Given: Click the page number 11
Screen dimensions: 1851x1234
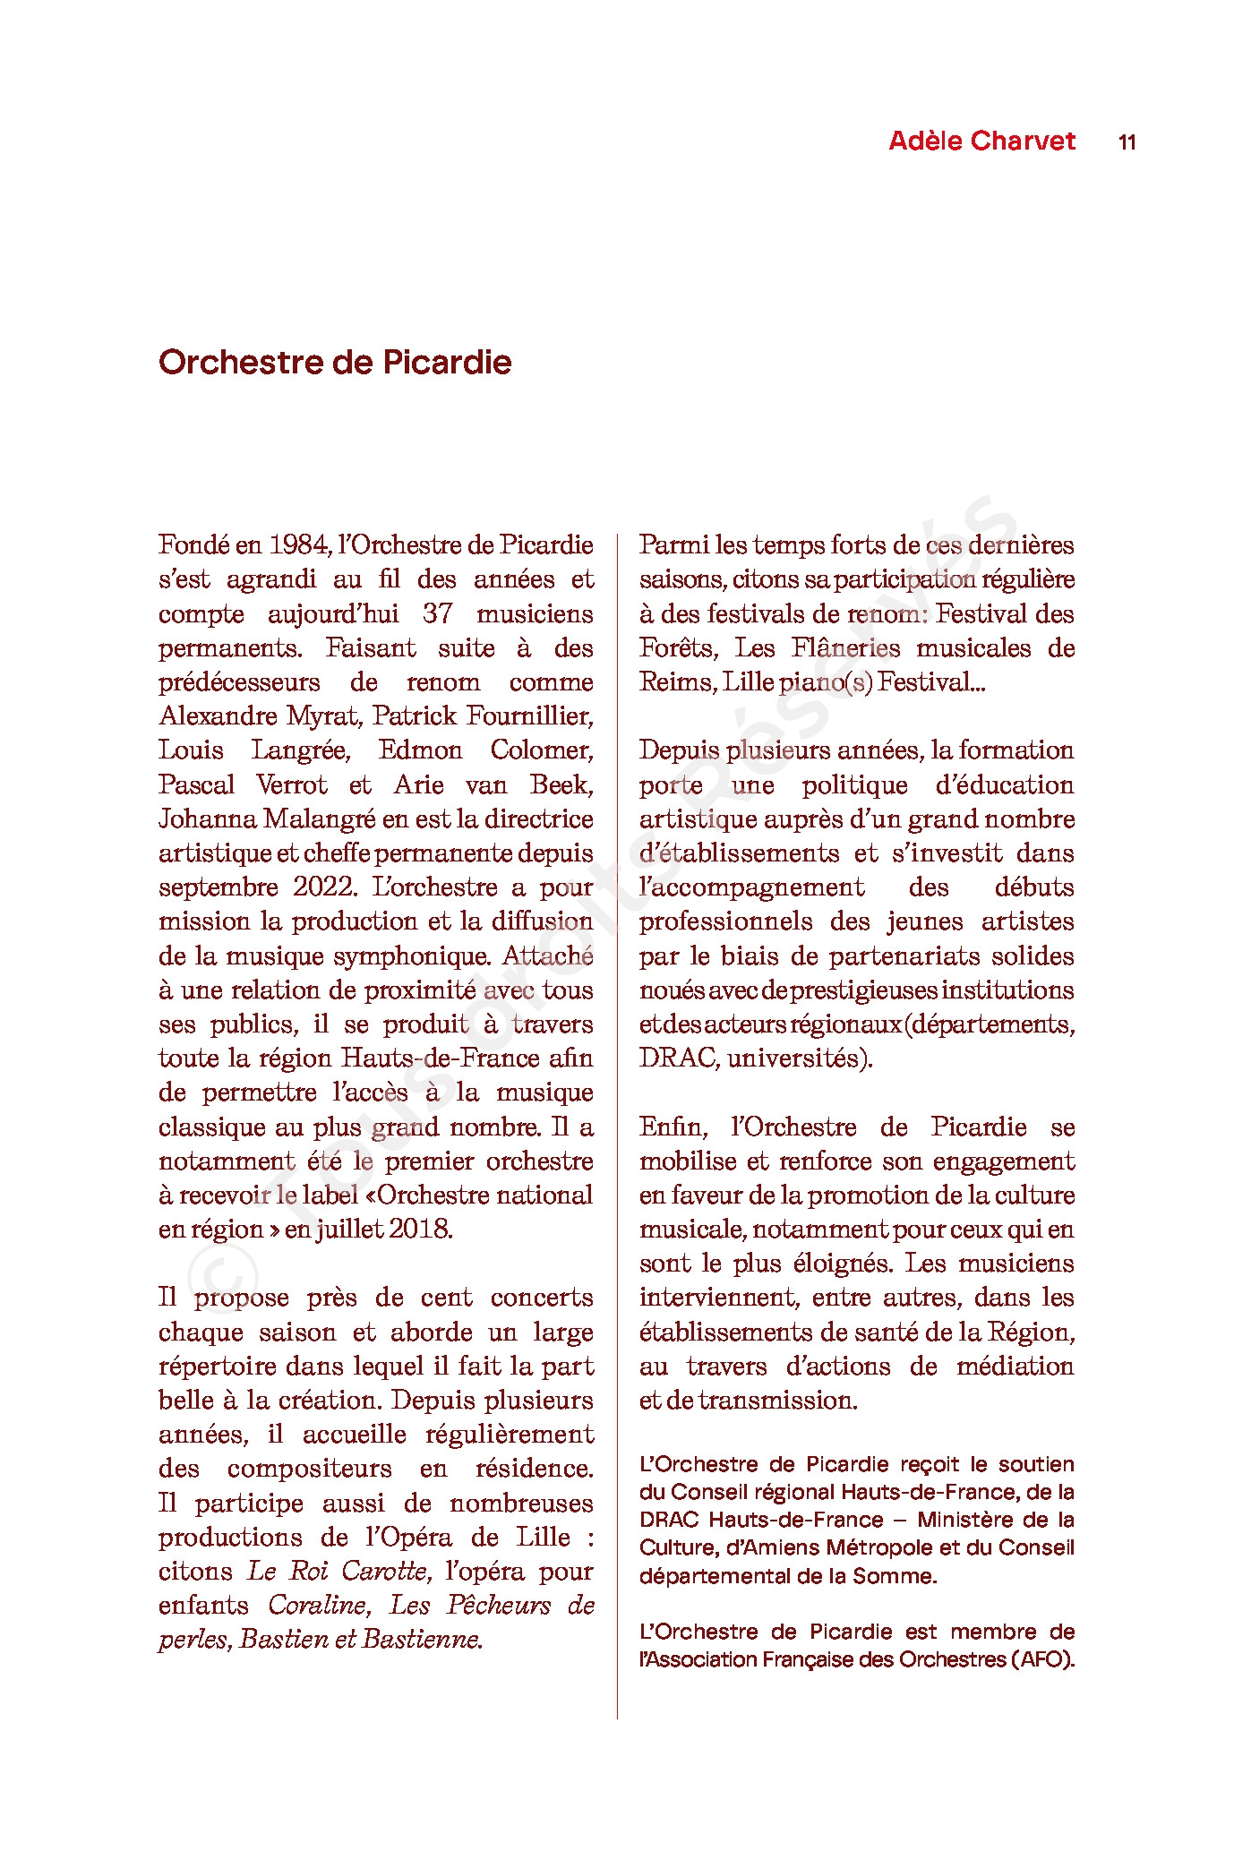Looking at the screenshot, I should [x=1127, y=142].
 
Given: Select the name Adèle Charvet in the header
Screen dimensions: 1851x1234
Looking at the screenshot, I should [x=981, y=141].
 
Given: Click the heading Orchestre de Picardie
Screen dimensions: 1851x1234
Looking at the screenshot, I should [x=335, y=363].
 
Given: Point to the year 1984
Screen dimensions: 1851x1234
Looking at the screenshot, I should [x=300, y=545].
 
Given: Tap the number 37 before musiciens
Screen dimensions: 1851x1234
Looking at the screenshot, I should [x=437, y=614].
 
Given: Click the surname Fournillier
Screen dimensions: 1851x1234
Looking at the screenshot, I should [x=540, y=716].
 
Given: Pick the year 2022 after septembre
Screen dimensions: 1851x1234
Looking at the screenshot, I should [x=324, y=887].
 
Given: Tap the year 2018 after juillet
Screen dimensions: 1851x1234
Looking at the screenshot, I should [x=420, y=1230].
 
